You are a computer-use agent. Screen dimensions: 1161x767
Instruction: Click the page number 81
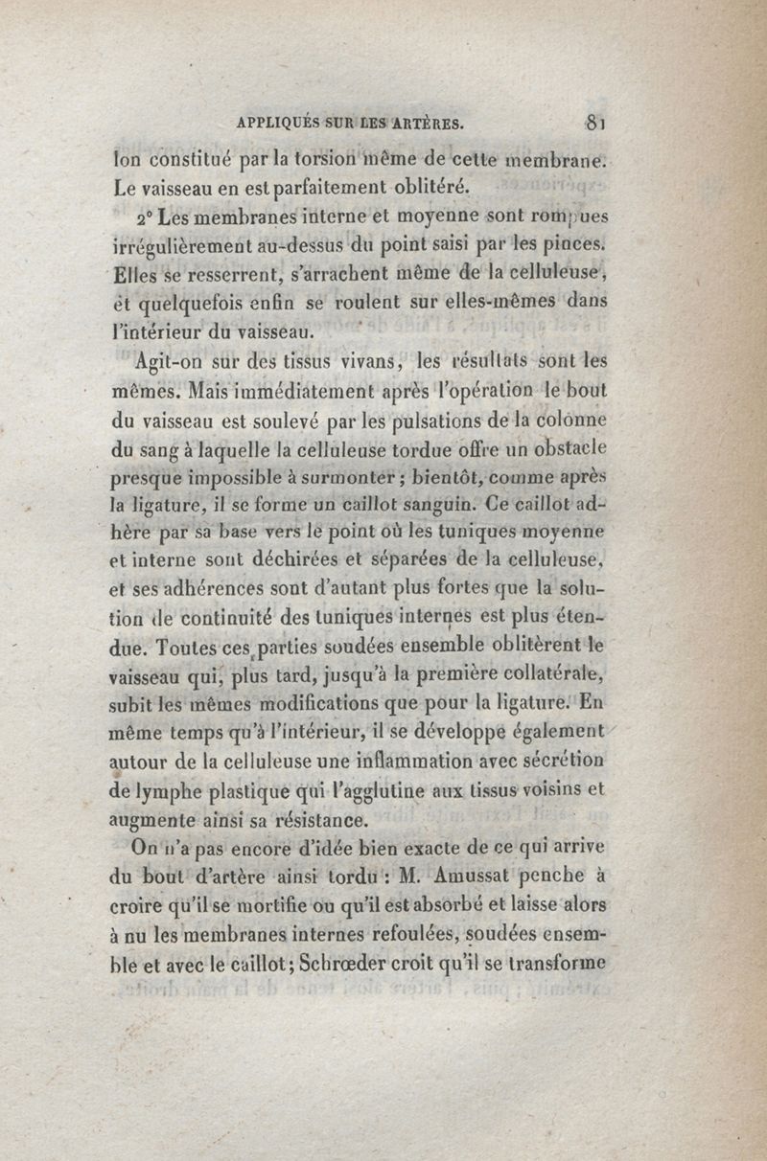[596, 122]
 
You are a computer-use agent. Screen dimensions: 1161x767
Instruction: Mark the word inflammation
[453, 762]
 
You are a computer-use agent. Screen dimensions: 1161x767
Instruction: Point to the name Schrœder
[343, 963]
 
